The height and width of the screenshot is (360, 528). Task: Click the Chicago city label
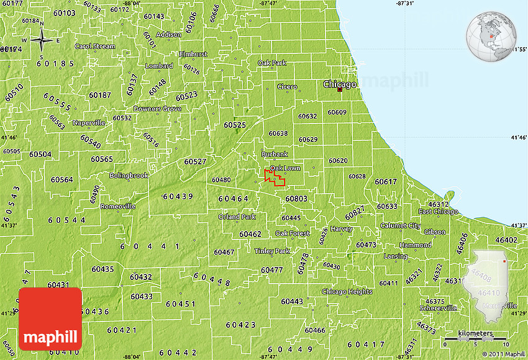[x=339, y=84]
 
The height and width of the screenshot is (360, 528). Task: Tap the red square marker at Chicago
[x=339, y=90]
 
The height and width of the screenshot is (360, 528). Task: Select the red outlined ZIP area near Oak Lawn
[x=275, y=178]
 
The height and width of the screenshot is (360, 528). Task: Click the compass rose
[x=42, y=41]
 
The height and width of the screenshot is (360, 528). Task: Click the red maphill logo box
[x=50, y=318]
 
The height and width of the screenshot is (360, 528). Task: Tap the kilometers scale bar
[x=476, y=341]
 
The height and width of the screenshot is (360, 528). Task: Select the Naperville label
[x=89, y=122]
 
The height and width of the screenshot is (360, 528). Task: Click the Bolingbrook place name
[x=129, y=176]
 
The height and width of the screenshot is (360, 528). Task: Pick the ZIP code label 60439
[x=178, y=196]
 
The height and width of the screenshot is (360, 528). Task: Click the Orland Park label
[x=237, y=217]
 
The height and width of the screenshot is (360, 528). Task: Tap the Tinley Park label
[x=272, y=251]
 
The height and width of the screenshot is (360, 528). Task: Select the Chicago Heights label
[x=347, y=291]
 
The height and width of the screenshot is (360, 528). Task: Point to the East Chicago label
[x=438, y=212]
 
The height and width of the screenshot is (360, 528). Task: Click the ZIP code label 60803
[x=296, y=199]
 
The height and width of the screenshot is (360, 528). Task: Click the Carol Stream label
[x=94, y=46]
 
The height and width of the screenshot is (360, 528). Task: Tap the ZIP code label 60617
[x=385, y=181]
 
